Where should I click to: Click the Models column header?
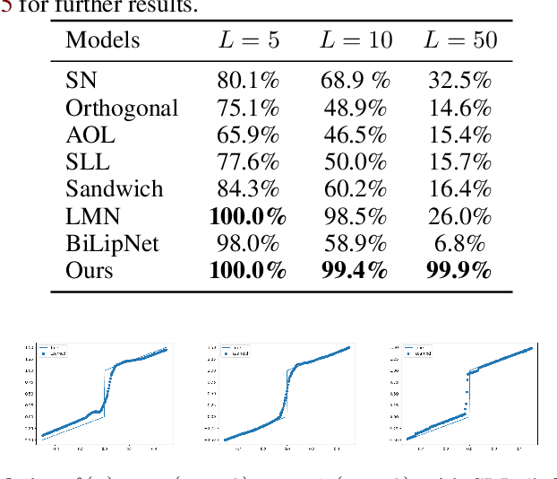103,40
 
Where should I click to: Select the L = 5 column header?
248,40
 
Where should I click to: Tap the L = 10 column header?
356,40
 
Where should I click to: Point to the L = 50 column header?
459,40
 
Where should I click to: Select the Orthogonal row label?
122,108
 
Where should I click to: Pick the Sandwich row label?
115,188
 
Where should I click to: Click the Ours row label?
90,269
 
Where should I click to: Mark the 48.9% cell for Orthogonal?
354,108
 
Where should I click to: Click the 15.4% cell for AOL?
459,135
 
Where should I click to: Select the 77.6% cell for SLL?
248,161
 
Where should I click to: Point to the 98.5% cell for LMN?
354,215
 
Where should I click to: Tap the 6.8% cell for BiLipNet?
459,242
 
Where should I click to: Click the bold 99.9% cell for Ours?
459,269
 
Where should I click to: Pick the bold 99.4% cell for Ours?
354,269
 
